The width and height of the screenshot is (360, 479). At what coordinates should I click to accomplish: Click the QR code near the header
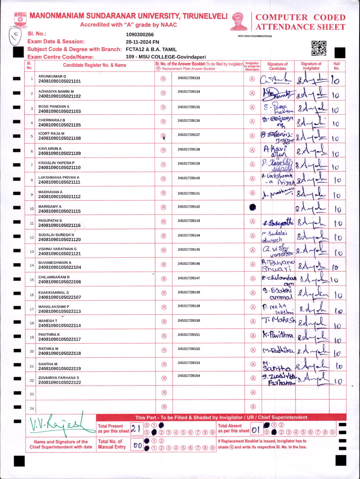(319, 48)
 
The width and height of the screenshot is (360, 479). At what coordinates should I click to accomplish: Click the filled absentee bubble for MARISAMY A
(253, 207)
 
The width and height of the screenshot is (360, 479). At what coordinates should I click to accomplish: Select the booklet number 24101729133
(189, 78)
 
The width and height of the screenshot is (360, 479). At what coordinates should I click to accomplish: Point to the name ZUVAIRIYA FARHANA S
(59, 378)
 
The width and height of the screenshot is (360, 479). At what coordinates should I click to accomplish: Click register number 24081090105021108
(60, 138)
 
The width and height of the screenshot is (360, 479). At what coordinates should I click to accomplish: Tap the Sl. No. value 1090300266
(140, 35)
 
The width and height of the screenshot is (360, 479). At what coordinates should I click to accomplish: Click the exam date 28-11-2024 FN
(142, 42)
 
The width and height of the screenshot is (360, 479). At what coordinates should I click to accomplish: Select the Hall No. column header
(336, 66)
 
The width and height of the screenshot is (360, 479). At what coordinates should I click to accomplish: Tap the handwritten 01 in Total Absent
(255, 430)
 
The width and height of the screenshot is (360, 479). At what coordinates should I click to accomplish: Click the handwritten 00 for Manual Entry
(138, 445)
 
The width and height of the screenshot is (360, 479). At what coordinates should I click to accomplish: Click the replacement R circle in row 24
(164, 407)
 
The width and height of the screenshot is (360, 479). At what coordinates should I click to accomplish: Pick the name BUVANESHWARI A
(55, 262)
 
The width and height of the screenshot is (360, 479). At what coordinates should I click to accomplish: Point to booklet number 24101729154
(189, 376)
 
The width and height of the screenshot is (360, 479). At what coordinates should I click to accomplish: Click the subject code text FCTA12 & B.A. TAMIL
(151, 49)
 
